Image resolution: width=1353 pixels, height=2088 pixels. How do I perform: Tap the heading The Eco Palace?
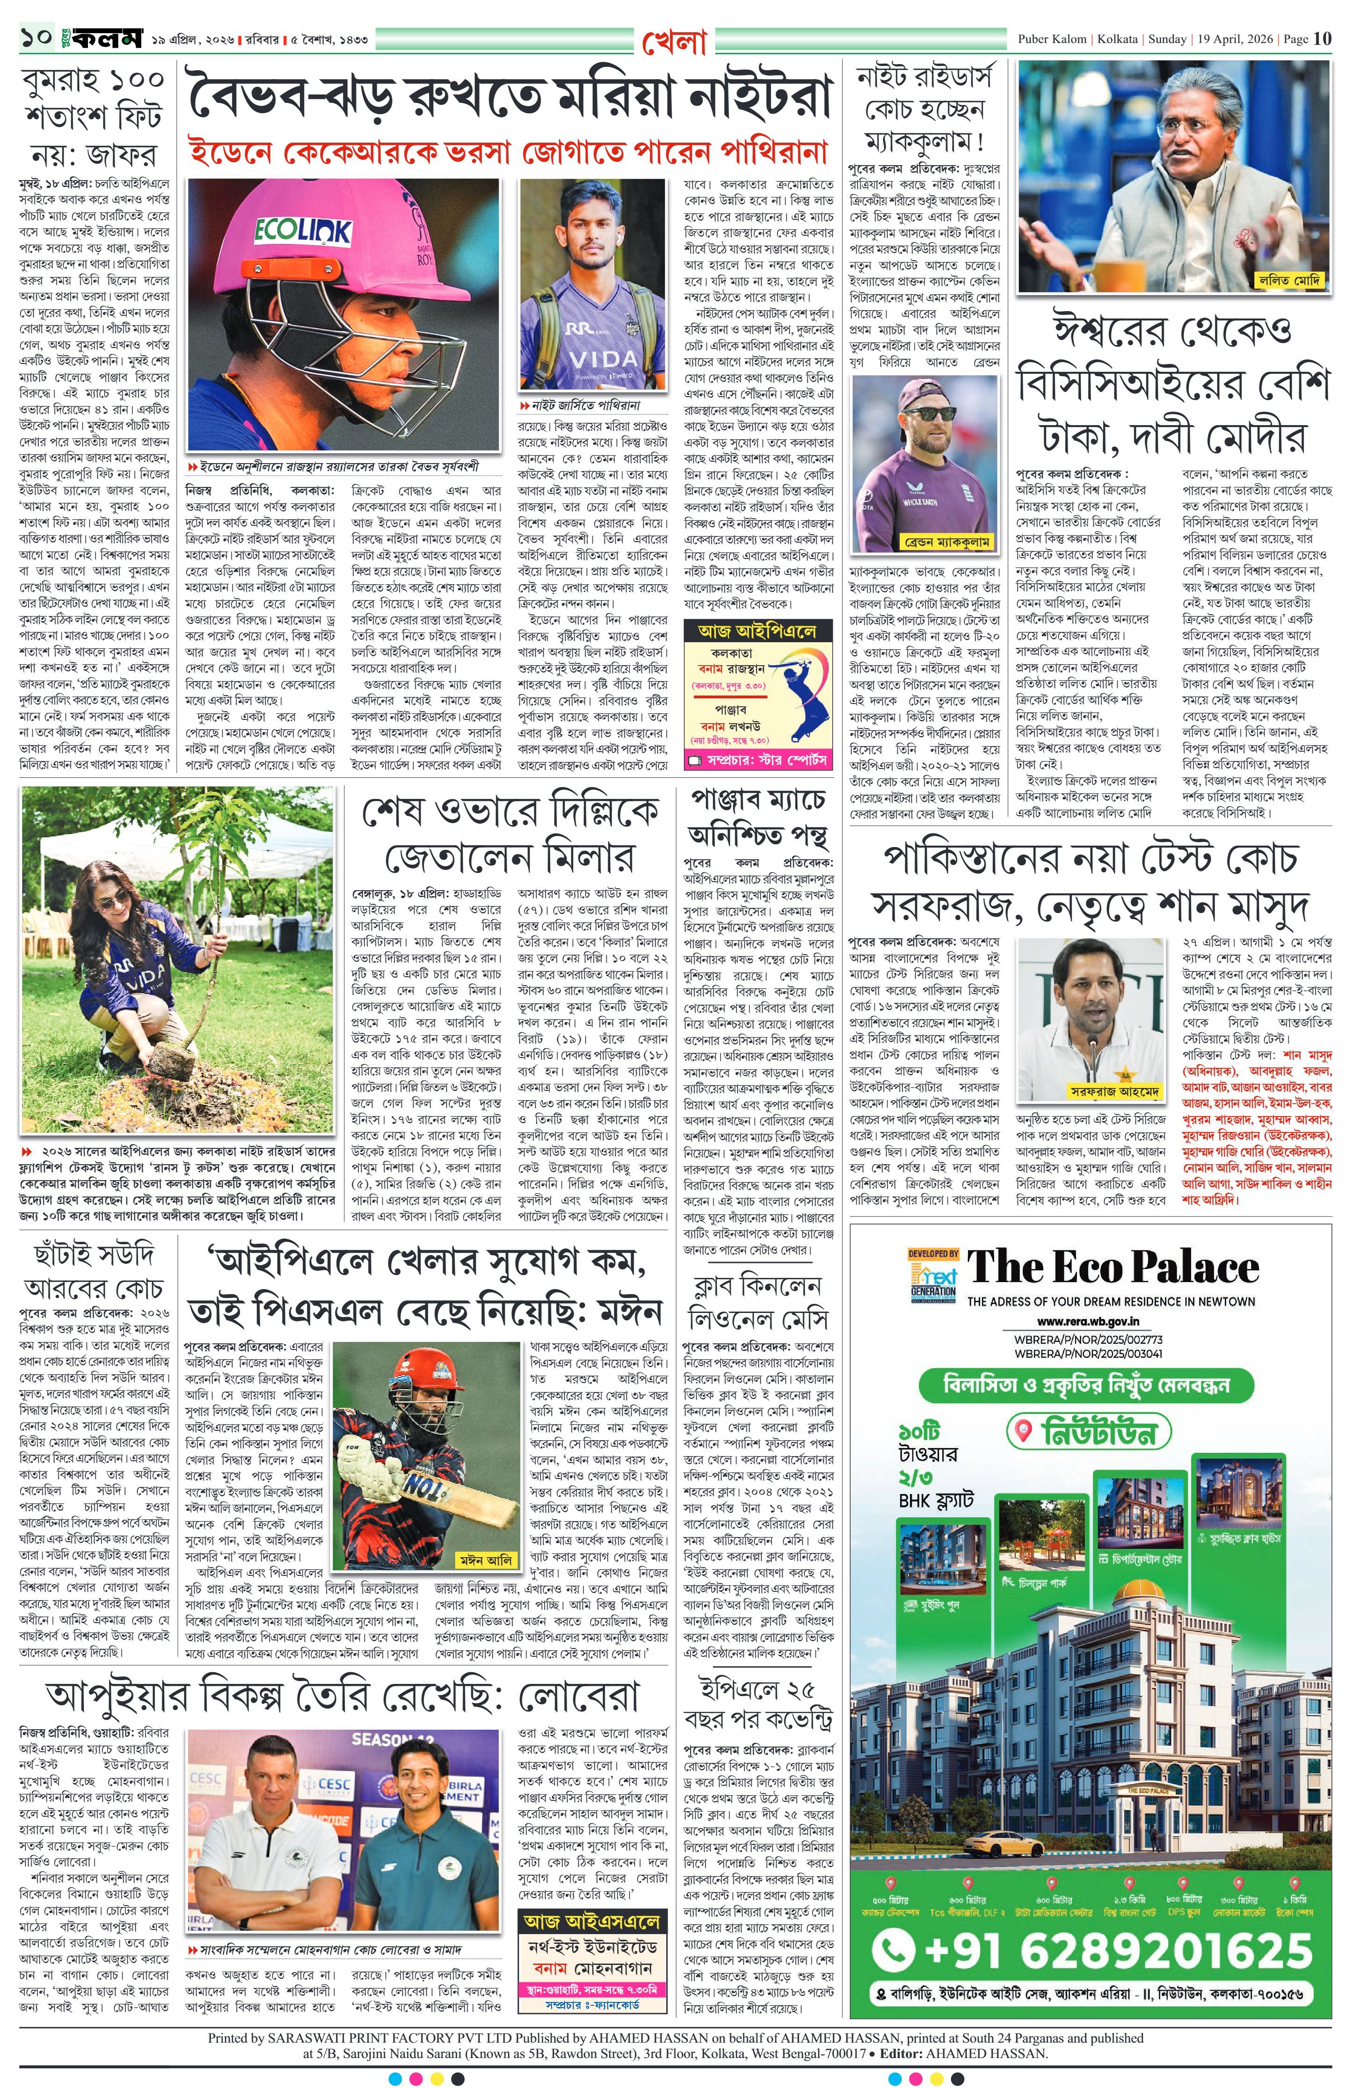(1113, 1268)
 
